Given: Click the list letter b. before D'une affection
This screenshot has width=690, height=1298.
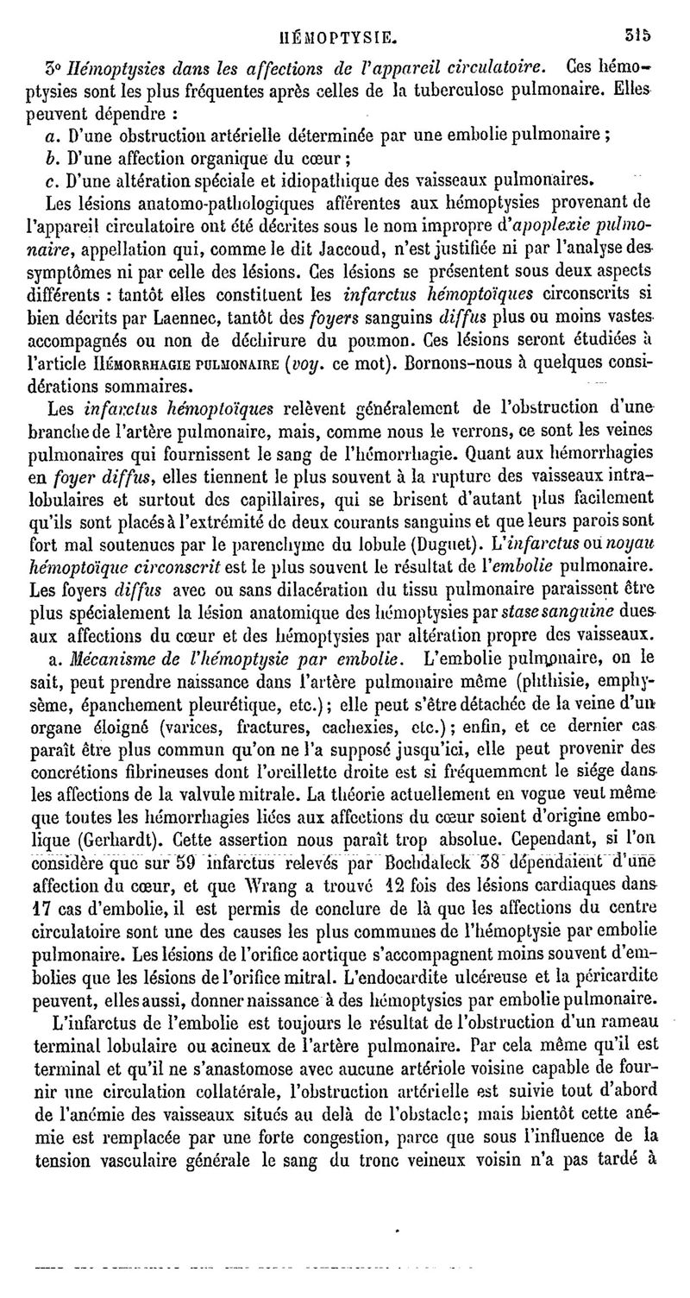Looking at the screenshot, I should [47, 157].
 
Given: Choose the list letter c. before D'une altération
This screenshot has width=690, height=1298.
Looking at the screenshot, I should [47, 180].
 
